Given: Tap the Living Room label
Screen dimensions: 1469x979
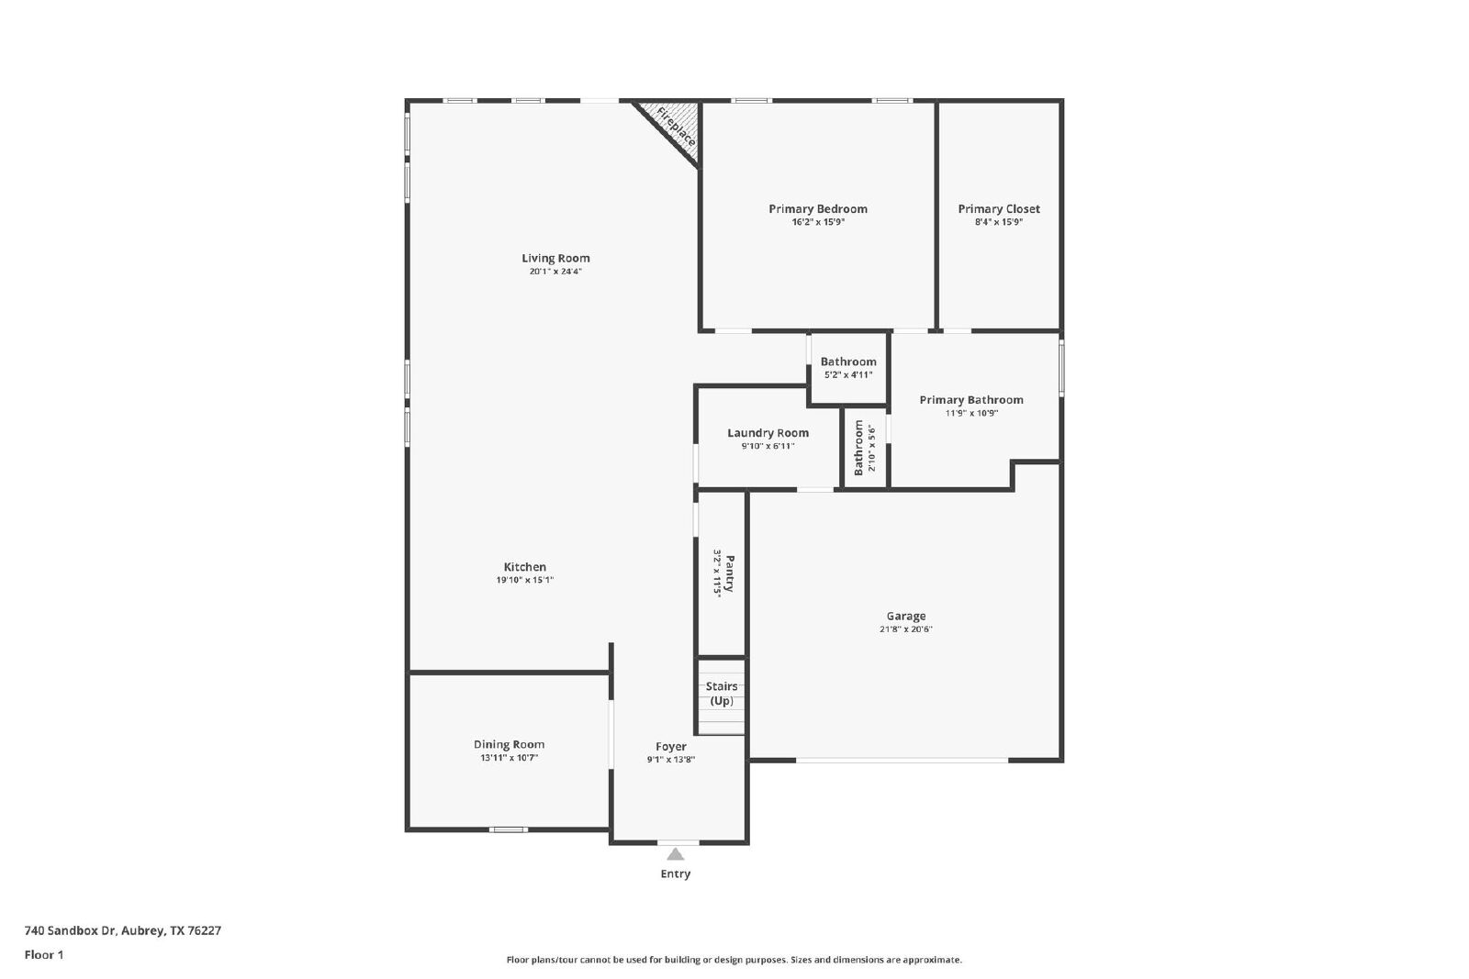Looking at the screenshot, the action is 555,258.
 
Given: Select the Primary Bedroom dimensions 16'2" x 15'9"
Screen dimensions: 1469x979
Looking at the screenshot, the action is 818,222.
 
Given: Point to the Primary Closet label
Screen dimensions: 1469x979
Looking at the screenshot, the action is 999,209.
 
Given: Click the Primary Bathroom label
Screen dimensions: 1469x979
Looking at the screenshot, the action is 971,400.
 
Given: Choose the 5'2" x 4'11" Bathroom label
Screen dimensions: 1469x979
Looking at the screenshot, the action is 848,362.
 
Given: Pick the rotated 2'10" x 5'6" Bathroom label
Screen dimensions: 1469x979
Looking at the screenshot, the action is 858,449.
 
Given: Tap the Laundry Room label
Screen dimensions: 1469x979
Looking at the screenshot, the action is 768,433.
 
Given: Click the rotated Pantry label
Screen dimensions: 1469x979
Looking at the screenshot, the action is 729,573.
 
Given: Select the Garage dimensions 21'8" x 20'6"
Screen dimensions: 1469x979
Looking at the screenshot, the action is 905,629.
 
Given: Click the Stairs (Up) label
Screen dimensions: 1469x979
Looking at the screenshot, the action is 722,694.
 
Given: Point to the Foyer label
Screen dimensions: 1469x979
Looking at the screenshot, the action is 671,746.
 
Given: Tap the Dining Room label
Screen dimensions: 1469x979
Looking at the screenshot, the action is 509,744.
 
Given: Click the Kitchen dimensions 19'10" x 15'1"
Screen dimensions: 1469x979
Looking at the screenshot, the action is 524,580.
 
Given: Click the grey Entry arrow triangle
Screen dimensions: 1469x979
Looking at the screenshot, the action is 676,854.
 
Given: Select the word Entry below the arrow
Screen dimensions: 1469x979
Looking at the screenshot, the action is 676,873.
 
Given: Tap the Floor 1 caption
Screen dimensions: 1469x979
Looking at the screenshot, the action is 44,955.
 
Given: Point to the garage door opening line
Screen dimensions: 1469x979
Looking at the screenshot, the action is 902,760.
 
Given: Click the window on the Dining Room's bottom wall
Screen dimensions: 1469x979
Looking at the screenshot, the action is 509,829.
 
